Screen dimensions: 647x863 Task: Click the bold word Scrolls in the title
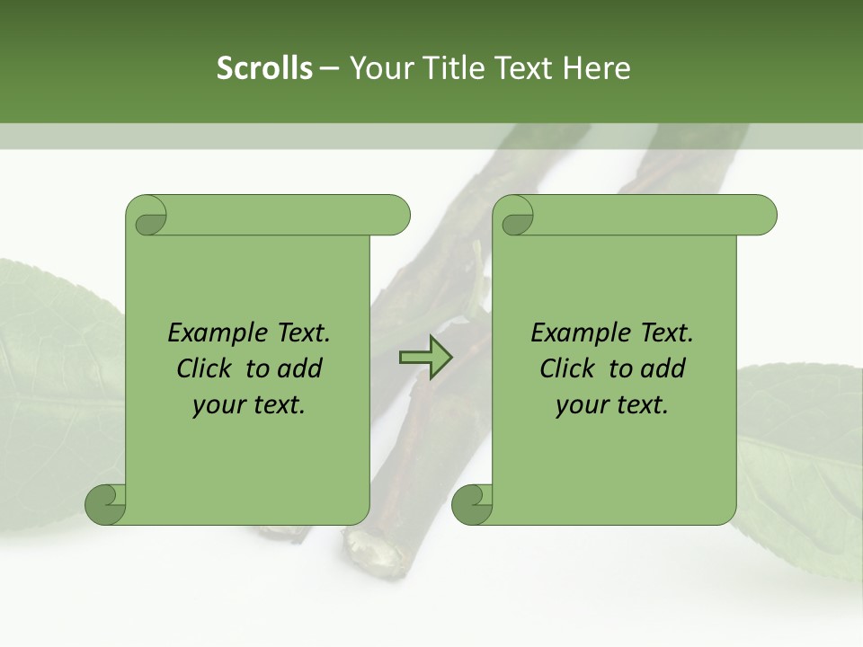point(264,68)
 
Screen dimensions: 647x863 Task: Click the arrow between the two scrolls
point(424,357)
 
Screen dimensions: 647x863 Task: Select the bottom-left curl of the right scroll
point(473,503)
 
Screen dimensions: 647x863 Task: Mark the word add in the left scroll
point(299,368)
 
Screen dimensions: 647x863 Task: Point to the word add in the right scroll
point(663,368)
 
